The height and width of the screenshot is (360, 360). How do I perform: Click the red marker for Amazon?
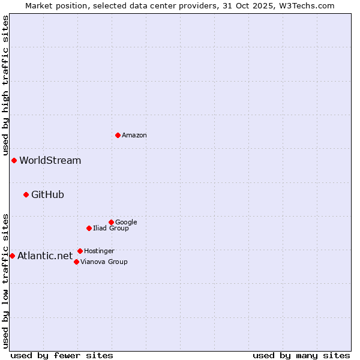pyautogui.click(x=118, y=135)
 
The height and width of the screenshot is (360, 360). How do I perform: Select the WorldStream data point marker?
pyautogui.click(x=14, y=160)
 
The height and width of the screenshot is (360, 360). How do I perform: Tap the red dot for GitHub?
pyautogui.click(x=26, y=194)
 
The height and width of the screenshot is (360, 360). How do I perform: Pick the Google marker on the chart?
pyautogui.click(x=111, y=222)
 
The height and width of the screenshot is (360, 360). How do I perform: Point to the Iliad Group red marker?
pyautogui.click(x=89, y=228)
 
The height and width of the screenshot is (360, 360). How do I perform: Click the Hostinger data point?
pyautogui.click(x=80, y=251)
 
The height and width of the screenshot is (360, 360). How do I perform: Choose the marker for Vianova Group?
pyautogui.click(x=76, y=262)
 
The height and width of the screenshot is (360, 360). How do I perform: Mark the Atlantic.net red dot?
pyautogui.click(x=12, y=256)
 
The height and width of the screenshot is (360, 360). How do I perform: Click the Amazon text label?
pyautogui.click(x=134, y=136)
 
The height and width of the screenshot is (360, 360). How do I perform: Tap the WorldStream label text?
pyautogui.click(x=50, y=161)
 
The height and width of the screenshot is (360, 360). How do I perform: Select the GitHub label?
pyautogui.click(x=47, y=195)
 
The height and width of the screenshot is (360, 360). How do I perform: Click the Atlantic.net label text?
pyautogui.click(x=45, y=256)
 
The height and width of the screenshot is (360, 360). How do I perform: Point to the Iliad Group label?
pyautogui.click(x=111, y=229)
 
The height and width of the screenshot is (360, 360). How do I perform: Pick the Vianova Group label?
pyautogui.click(x=104, y=262)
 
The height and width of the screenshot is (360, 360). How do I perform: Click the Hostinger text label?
pyautogui.click(x=99, y=251)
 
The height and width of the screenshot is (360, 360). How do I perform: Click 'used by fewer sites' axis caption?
pyautogui.click(x=62, y=356)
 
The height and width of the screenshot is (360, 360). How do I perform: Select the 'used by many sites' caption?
pyautogui.click(x=301, y=356)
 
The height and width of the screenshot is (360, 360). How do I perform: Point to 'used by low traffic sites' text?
pyautogui.click(x=5, y=280)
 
